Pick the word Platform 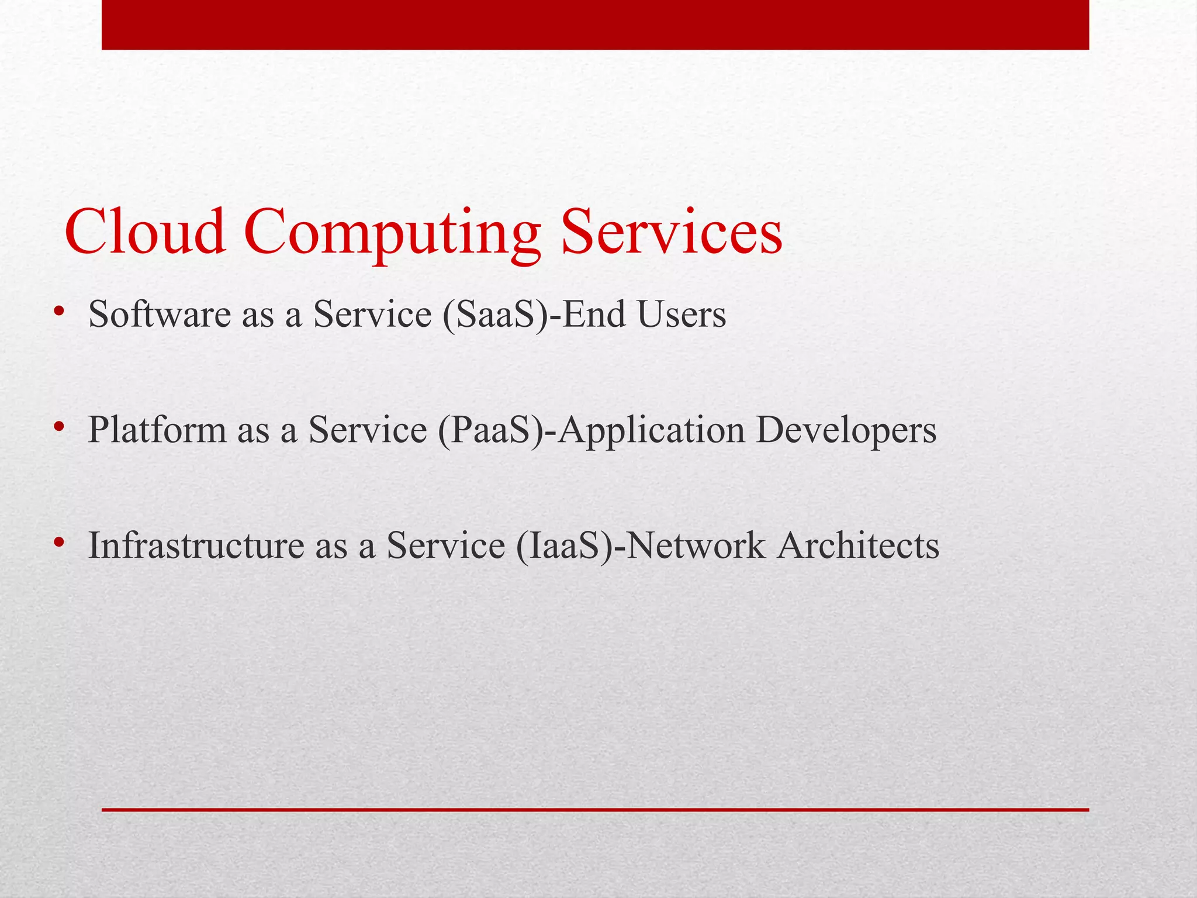pyautogui.click(x=157, y=430)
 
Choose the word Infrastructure pyautogui.click(x=196, y=545)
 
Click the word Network pyautogui.click(x=696, y=545)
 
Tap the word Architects pyautogui.click(x=858, y=545)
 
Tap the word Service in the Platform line pyautogui.click(x=368, y=430)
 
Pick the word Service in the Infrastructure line pyautogui.click(x=445, y=545)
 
